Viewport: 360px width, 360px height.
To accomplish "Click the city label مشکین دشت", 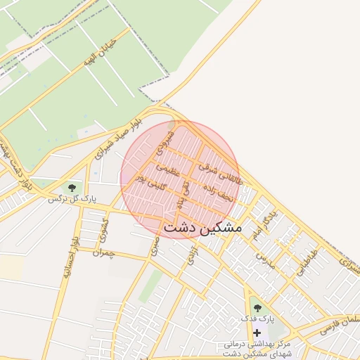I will point(202,229).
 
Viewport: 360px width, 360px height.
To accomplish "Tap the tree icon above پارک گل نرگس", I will point(71,188).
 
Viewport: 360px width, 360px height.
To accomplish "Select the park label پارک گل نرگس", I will point(71,200).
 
